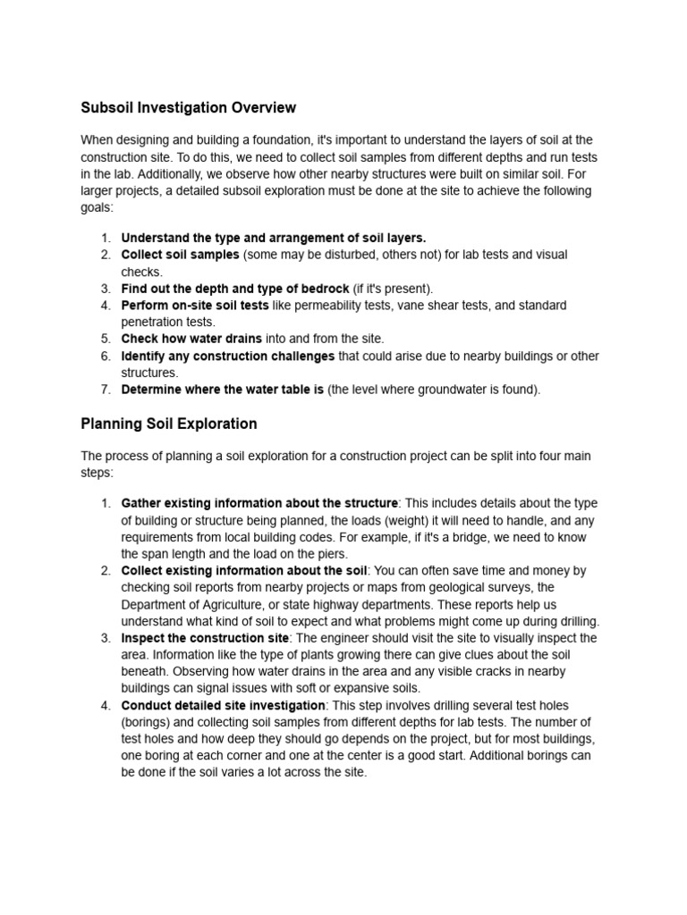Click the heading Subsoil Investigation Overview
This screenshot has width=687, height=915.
[188, 108]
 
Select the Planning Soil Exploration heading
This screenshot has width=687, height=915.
[169, 424]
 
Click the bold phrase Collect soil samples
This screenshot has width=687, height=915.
[180, 255]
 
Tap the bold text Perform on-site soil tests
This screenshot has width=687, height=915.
[195, 306]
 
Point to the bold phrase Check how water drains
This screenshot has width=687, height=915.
[191, 339]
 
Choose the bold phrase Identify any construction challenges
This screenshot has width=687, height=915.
[227, 356]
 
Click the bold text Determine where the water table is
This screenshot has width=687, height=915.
[222, 390]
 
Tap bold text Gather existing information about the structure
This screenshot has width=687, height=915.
[259, 503]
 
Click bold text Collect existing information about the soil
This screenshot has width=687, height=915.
[244, 570]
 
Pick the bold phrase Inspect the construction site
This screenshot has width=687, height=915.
[205, 638]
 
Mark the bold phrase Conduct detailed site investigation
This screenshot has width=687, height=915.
[223, 706]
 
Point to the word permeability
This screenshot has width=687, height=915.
[318, 306]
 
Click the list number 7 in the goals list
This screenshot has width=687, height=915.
[105, 390]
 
